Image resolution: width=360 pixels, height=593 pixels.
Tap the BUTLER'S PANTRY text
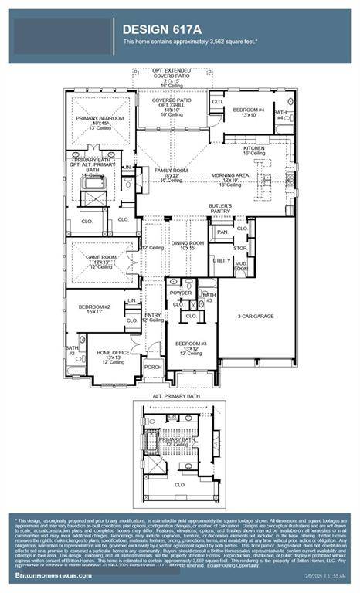[220, 208]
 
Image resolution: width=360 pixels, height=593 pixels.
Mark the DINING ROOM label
[188, 243]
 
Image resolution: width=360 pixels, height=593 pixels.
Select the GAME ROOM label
[100, 262]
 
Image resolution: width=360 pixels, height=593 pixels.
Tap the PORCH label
[153, 367]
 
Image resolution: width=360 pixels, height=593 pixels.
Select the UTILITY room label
[222, 260]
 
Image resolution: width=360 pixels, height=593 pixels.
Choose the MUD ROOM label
[241, 266]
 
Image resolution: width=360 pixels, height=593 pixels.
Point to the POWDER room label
[180, 293]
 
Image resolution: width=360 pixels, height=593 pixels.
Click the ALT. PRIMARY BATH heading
[176, 395]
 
